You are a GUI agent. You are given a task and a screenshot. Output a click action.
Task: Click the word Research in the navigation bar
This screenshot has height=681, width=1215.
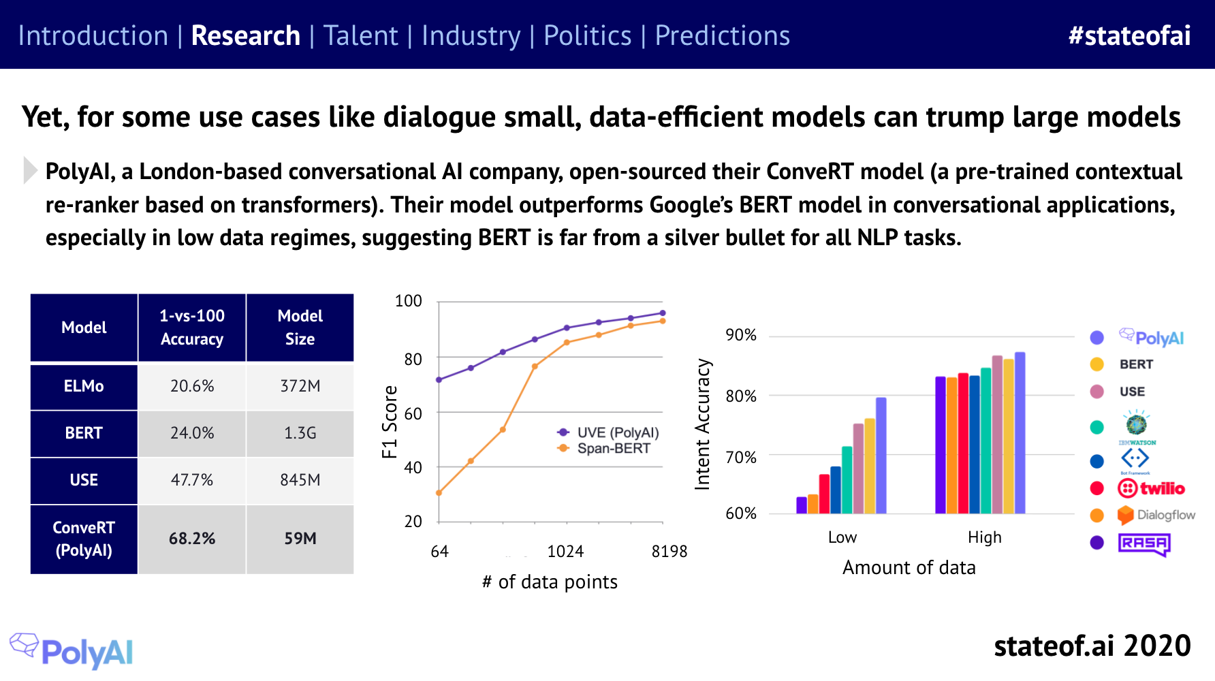[x=245, y=35]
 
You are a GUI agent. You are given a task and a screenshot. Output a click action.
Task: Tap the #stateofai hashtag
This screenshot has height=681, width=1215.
[x=1129, y=35]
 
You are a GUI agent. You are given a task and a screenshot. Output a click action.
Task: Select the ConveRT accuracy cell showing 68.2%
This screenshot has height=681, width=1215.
[x=192, y=539]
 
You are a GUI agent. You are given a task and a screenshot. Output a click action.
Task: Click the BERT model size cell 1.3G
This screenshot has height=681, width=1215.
[x=300, y=433]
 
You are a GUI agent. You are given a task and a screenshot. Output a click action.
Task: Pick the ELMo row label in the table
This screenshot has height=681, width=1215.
[x=84, y=386]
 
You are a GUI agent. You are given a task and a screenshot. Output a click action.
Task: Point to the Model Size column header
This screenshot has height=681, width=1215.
[x=300, y=327]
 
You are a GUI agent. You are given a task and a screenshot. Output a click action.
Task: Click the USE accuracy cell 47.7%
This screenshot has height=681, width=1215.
[x=192, y=480]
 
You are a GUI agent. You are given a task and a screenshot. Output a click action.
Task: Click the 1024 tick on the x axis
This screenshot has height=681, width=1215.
[x=565, y=552]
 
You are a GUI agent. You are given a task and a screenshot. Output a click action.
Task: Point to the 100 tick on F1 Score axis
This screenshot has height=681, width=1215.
[x=409, y=301]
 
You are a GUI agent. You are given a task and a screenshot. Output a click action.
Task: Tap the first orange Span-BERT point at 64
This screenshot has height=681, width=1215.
[x=439, y=493]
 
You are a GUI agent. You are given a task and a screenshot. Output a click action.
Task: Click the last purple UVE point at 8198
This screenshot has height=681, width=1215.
[x=663, y=313]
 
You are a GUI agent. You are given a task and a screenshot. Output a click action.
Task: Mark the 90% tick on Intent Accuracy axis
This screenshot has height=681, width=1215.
[x=741, y=335]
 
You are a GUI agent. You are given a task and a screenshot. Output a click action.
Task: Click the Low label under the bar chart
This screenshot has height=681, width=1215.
[x=842, y=537]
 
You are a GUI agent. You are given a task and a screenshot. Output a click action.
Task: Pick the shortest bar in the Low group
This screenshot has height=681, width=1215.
[x=802, y=505]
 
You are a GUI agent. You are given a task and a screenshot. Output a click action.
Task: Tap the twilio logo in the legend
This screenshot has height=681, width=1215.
[x=1151, y=488]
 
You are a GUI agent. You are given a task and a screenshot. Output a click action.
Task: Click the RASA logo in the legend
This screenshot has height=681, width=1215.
[x=1144, y=543]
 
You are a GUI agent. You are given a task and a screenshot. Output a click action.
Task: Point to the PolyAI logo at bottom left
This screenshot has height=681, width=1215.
[x=72, y=651]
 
